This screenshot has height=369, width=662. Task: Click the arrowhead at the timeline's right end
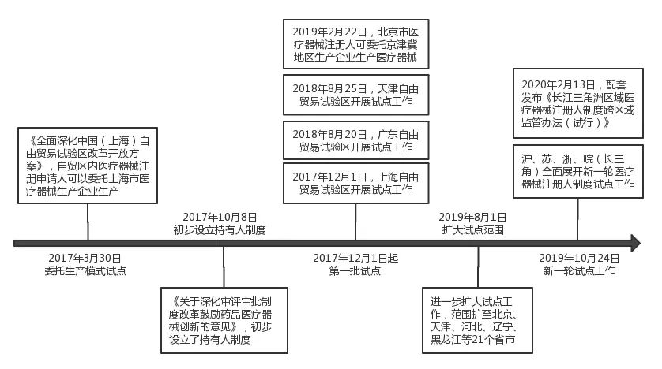pyautogui.click(x=635, y=244)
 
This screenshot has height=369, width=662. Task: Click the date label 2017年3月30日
pyautogui.click(x=85, y=258)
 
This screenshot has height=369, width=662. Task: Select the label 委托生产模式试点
pyautogui.click(x=85, y=271)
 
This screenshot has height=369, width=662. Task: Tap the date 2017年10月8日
pyautogui.click(x=220, y=218)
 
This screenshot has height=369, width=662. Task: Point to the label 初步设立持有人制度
pyautogui.click(x=220, y=230)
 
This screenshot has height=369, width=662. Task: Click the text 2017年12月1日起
pyautogui.click(x=355, y=258)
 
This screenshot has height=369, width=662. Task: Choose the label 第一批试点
pyautogui.click(x=355, y=271)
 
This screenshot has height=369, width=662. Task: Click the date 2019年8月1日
pyautogui.click(x=472, y=218)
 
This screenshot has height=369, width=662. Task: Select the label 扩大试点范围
pyautogui.click(x=473, y=230)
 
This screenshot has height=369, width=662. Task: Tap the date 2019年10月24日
pyautogui.click(x=579, y=258)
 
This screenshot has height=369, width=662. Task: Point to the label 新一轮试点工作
pyautogui.click(x=579, y=271)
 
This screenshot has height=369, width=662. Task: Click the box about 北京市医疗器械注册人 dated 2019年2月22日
pyautogui.click(x=356, y=44)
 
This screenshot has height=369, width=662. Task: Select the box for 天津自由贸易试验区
pyautogui.click(x=356, y=95)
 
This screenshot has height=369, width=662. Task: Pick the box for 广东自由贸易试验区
pyautogui.click(x=356, y=140)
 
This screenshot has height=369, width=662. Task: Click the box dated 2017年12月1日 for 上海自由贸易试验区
pyautogui.click(x=356, y=183)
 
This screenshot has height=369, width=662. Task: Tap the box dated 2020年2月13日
pyautogui.click(x=578, y=103)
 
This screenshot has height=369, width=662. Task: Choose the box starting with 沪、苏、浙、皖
pyautogui.click(x=578, y=171)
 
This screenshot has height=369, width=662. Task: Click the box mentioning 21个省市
pyautogui.click(x=477, y=321)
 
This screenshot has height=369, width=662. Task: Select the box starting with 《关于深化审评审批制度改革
pyautogui.click(x=224, y=321)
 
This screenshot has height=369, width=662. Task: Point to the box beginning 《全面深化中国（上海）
pyautogui.click(x=88, y=166)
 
